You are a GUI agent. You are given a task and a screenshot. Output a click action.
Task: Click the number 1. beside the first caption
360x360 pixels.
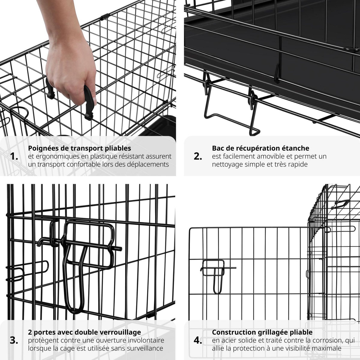[14, 156]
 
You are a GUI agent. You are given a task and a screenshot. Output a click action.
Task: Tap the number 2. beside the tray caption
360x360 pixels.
[198, 156]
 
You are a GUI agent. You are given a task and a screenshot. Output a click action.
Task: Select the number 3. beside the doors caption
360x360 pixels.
[14, 340]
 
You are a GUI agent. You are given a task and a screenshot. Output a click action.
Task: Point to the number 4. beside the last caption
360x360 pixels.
[198, 340]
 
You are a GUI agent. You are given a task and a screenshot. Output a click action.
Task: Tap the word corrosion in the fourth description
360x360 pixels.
[324, 340]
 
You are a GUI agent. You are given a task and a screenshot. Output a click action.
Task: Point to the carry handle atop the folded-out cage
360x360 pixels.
[340, 204]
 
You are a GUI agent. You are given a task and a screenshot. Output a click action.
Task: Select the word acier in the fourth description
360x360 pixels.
[227, 340]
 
